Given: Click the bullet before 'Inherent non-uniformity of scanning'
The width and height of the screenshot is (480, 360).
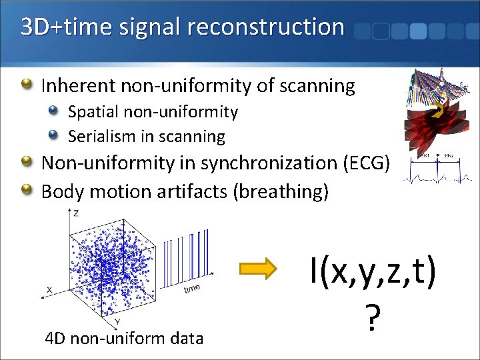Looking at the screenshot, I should pos(27,85).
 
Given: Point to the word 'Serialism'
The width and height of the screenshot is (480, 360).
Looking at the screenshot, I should pos(102,137).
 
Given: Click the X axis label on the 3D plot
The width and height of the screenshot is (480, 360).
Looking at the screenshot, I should pos(49,290).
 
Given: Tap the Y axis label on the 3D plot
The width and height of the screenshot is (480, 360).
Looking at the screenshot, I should pos(117,322).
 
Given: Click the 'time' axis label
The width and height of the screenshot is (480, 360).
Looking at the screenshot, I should pos(192,288).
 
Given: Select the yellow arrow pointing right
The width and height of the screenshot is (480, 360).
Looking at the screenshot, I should pos(257,269).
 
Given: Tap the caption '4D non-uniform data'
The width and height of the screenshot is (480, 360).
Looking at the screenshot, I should pos(124,339).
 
